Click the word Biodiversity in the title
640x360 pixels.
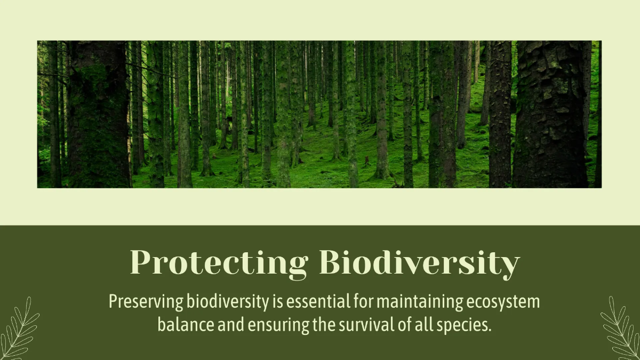click(x=419, y=262)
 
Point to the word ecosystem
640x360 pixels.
click(x=503, y=302)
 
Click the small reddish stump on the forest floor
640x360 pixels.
click(x=367, y=159)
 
